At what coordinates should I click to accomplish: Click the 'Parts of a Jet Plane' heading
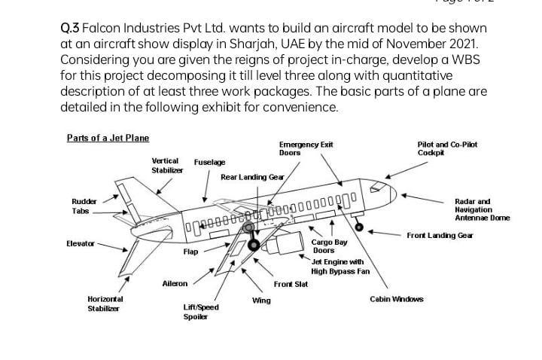108,138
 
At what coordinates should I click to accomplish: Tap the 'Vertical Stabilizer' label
166,166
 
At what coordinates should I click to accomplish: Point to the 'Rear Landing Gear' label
251,178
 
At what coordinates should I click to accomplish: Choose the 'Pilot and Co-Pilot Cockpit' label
447,148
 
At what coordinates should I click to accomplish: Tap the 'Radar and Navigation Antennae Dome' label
482,209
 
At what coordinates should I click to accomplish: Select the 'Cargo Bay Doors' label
330,246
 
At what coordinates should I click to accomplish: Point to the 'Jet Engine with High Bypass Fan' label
337,266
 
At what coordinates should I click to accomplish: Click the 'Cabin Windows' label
397,299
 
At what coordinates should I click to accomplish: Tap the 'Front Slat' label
288,284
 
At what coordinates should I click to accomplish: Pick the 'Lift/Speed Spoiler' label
201,312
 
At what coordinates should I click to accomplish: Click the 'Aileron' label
175,283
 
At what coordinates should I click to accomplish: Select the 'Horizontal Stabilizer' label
106,304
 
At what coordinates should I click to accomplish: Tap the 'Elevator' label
80,243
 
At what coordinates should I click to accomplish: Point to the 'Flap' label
191,251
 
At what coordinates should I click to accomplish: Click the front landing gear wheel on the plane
358,227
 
